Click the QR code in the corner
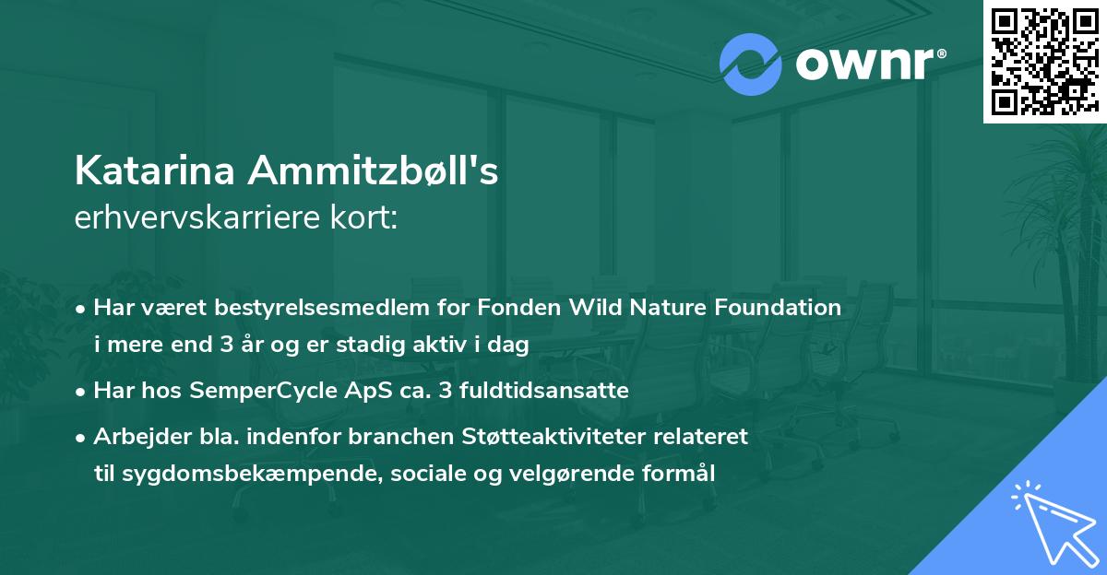[x=1044, y=62]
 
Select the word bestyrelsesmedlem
[x=317, y=308]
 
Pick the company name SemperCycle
[x=263, y=391]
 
